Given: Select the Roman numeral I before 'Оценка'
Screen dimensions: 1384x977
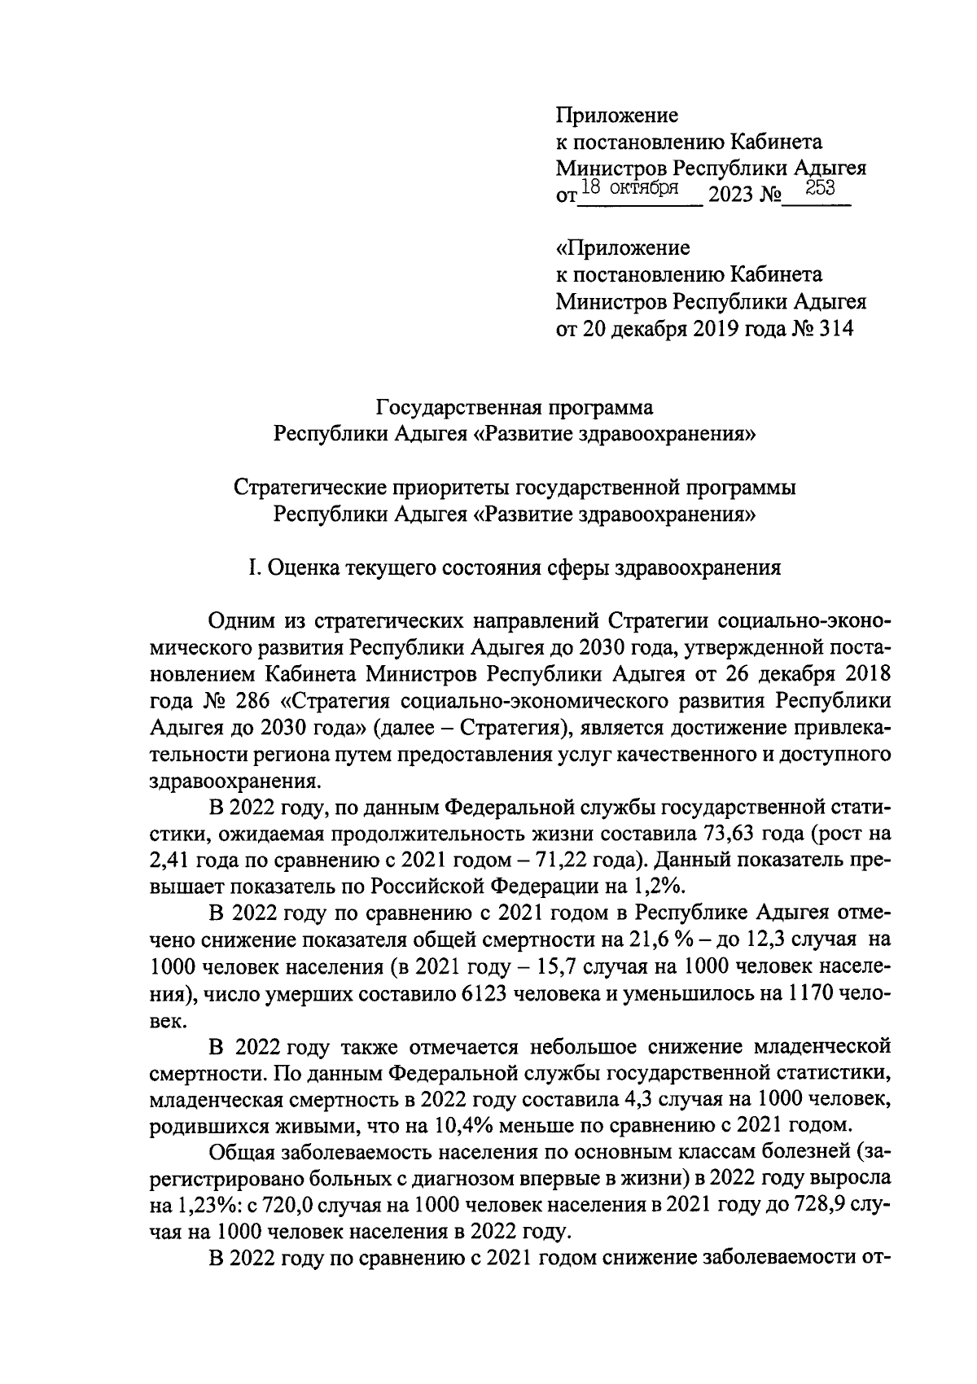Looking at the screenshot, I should tap(253, 567).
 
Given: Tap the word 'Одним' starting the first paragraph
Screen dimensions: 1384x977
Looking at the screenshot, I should tap(237, 622).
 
